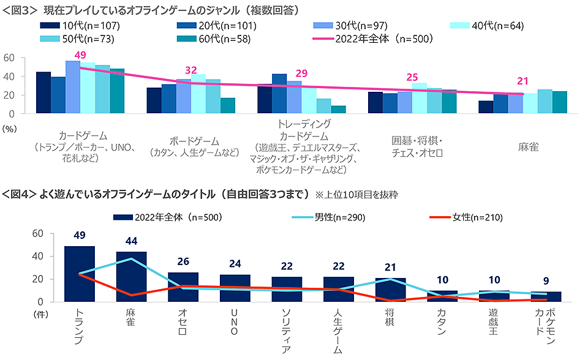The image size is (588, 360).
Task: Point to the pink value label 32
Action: [190, 70]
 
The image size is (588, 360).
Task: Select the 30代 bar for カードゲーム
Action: [73, 87]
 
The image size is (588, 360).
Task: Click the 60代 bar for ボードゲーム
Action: [228, 105]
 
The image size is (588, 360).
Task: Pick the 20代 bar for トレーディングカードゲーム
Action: [279, 94]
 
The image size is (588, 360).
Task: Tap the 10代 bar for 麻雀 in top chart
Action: [486, 107]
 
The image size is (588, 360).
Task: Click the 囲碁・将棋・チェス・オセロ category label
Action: [417, 147]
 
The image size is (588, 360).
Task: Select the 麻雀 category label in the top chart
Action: [528, 147]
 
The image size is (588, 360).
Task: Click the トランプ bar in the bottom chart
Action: [80, 274]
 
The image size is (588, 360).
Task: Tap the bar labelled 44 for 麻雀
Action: [131, 277]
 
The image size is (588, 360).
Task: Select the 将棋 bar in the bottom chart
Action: [391, 290]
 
